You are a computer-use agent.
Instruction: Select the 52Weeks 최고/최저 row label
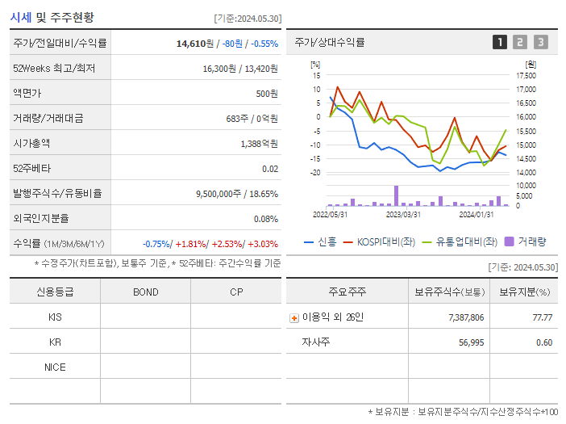[54, 69]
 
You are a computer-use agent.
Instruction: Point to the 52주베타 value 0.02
[270, 169]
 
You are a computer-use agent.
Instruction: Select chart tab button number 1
[500, 42]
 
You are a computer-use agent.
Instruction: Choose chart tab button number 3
[540, 42]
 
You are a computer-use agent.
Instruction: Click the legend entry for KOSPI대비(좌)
[379, 241]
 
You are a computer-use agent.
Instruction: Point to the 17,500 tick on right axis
[525, 76]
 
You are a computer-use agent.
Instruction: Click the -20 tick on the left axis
[316, 173]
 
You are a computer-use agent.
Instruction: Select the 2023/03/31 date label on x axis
[403, 214]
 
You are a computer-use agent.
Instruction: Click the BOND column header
[145, 292]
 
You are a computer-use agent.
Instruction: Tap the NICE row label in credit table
[55, 367]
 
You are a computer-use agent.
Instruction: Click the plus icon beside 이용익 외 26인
[293, 318]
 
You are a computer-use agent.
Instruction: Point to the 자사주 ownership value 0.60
[544, 342]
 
